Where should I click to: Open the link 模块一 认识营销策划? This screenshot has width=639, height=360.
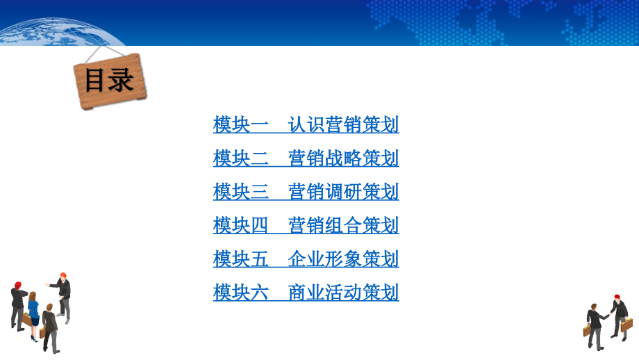(x=306, y=125)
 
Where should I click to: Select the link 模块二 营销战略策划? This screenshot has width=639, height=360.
(x=306, y=158)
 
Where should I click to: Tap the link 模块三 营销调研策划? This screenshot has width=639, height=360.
(x=306, y=191)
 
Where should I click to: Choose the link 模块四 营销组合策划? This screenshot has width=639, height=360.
(x=306, y=225)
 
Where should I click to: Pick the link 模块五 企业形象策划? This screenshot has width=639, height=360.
(x=306, y=259)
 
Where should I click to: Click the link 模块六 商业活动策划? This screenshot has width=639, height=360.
(x=306, y=293)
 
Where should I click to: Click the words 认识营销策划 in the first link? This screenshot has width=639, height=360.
(x=343, y=125)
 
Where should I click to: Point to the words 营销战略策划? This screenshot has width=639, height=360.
(x=343, y=158)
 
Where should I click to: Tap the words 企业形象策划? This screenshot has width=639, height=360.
(x=343, y=259)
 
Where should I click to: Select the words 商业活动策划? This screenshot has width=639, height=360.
(x=343, y=293)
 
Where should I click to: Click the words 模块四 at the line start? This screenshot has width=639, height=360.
(x=240, y=225)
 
